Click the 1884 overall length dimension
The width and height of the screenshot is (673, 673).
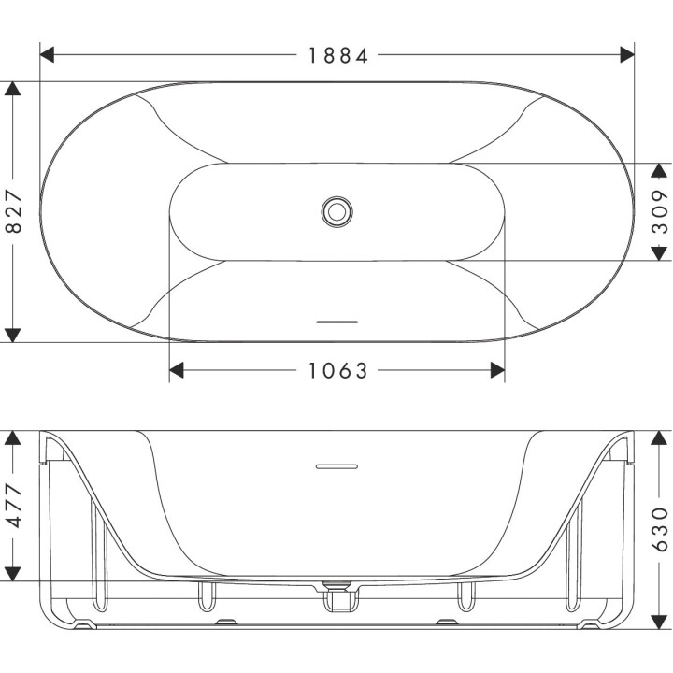(x=338, y=55)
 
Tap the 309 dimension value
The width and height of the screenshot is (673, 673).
(x=660, y=212)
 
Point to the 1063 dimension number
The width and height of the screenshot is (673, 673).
(x=338, y=371)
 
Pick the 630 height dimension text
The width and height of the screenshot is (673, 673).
(x=660, y=528)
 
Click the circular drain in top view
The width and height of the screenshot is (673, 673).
(x=336, y=210)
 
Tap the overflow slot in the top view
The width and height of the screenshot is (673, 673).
(x=336, y=322)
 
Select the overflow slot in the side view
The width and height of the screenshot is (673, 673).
(x=336, y=465)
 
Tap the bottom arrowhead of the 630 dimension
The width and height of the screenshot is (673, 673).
(x=660, y=645)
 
